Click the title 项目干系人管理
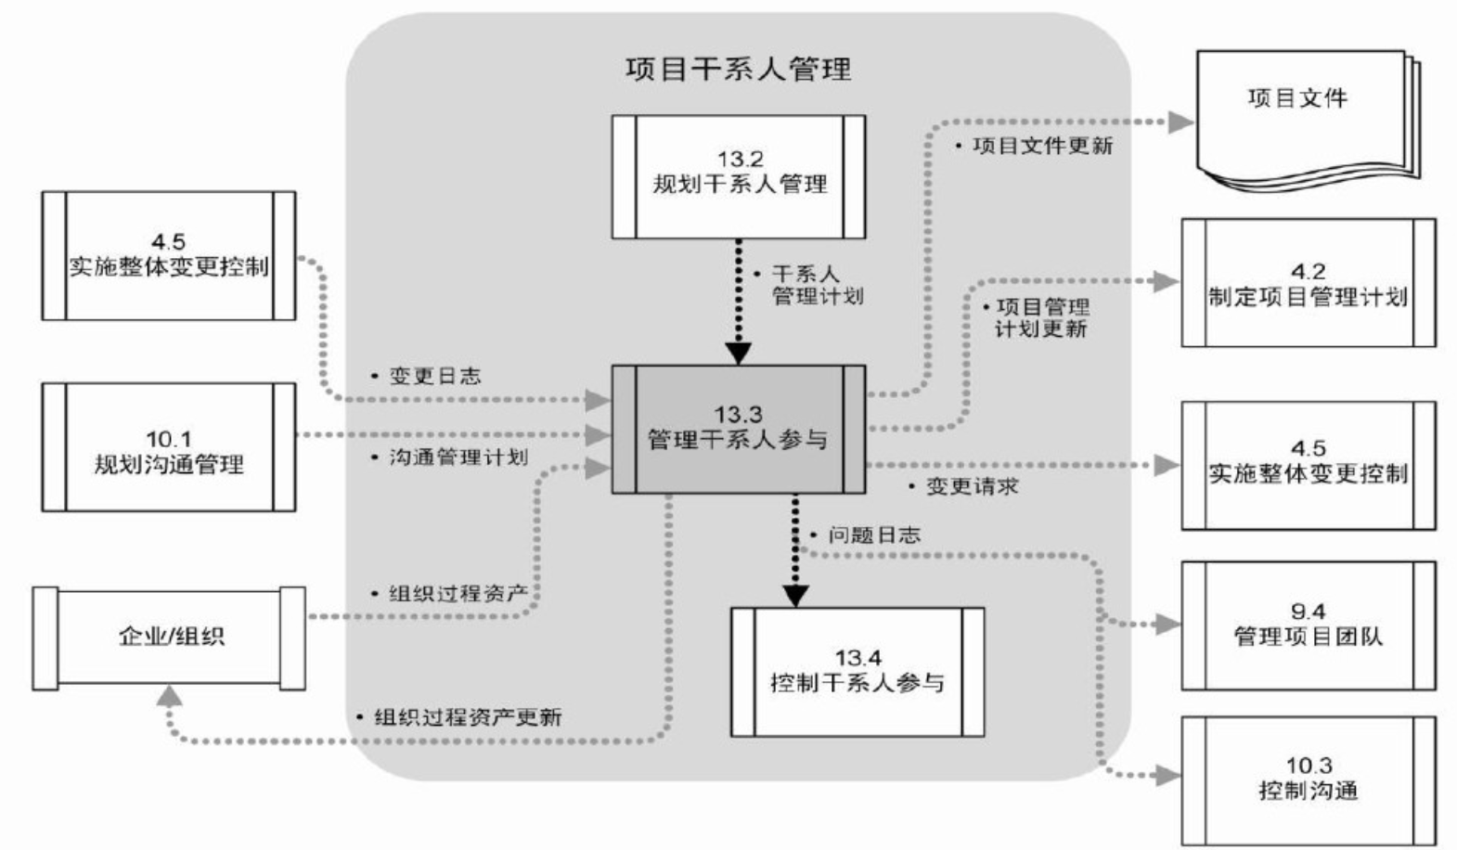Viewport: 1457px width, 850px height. (x=738, y=70)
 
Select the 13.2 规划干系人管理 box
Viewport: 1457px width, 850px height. (x=739, y=176)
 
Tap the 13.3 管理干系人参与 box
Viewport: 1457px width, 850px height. (x=739, y=429)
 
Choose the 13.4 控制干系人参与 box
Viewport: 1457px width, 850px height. (x=857, y=672)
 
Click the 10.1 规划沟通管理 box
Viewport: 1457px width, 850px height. (x=169, y=447)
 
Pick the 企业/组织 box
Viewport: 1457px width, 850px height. (x=169, y=637)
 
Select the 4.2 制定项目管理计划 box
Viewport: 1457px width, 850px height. (x=1308, y=283)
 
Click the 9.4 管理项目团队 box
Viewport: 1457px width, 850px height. (x=1308, y=625)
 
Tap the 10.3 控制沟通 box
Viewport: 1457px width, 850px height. (x=1308, y=779)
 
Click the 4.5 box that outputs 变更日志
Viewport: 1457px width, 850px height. (x=169, y=255)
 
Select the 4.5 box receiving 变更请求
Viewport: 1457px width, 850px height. (x=1308, y=465)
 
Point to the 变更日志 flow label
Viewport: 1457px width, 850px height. (x=434, y=377)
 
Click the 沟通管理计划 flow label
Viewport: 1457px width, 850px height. (x=458, y=457)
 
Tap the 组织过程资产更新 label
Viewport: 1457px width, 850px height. (x=467, y=717)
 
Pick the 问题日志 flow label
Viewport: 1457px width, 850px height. (x=873, y=535)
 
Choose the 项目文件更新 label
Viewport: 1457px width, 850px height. (x=1041, y=146)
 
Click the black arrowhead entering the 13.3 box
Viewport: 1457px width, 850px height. (x=739, y=354)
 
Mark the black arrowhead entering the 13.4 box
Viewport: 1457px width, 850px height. (x=795, y=596)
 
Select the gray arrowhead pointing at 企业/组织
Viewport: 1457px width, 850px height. (x=169, y=696)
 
